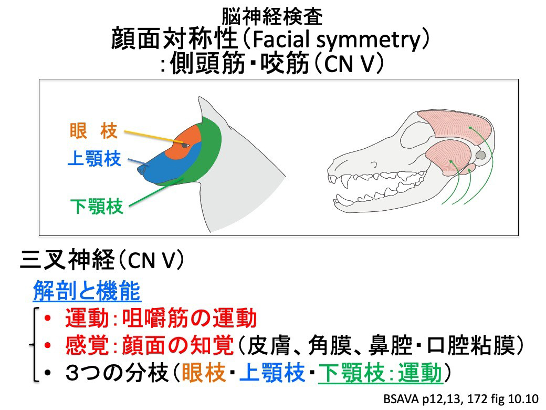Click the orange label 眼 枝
click(93, 131)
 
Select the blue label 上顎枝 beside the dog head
click(94, 158)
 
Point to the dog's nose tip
click(141, 169)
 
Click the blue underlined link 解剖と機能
click(86, 290)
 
